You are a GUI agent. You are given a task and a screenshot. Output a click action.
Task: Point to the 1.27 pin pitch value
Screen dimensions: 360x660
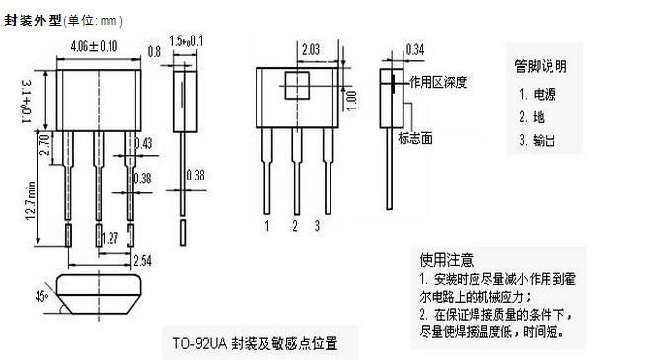pyautogui.click(x=111, y=238)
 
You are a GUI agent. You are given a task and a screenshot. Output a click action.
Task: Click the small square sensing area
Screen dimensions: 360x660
pyautogui.click(x=297, y=83)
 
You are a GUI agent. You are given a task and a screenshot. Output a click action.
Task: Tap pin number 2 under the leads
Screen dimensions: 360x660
pyautogui.click(x=294, y=226)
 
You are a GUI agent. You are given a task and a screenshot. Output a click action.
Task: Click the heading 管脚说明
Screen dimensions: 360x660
pyautogui.click(x=541, y=67)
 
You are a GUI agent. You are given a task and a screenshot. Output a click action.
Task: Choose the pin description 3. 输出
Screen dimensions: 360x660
pyautogui.click(x=537, y=141)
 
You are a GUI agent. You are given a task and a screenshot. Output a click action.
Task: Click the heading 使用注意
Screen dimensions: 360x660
pyautogui.click(x=447, y=260)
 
